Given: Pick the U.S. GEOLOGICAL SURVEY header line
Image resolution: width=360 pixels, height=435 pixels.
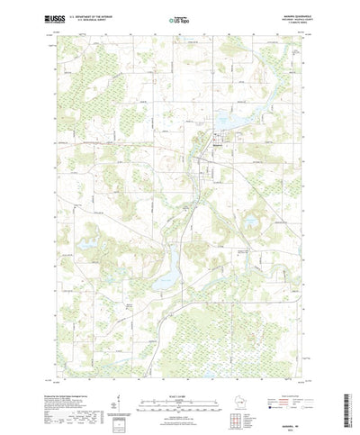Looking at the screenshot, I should (94, 21).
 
